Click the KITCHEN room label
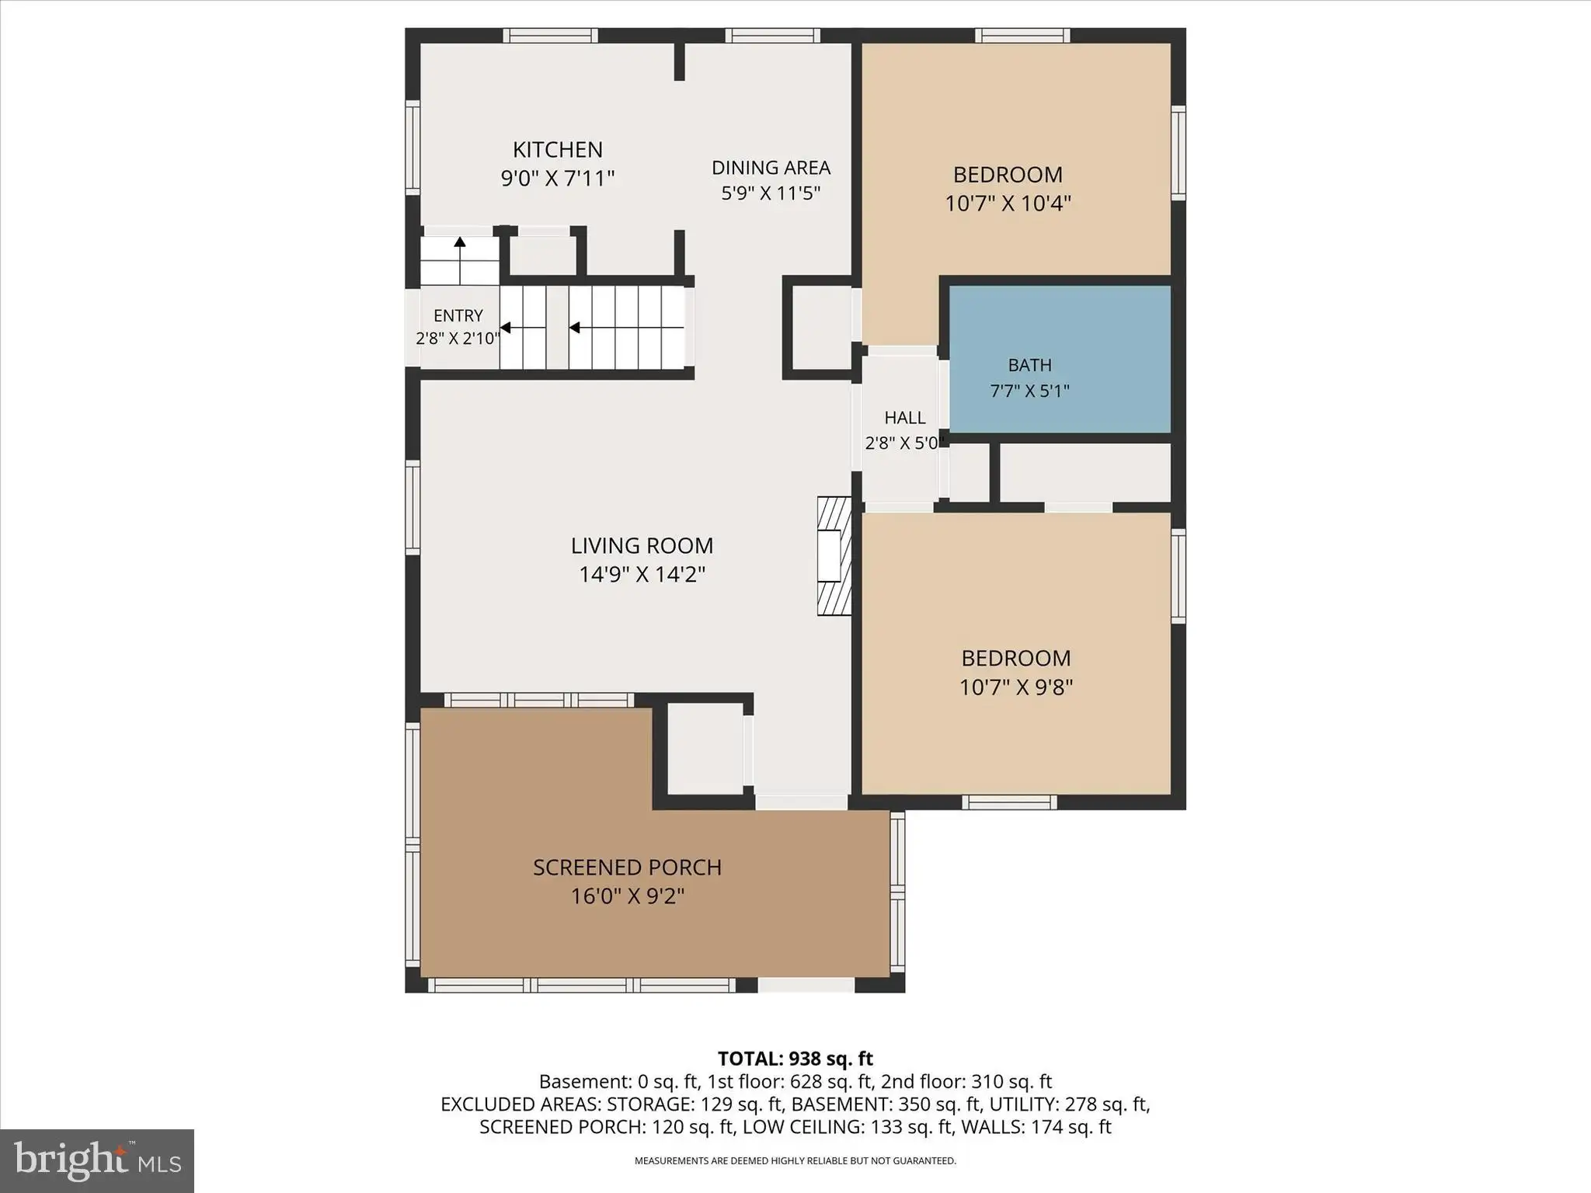tap(558, 149)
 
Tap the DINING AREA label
tap(771, 168)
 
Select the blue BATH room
tap(1060, 359)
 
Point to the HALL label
tap(905, 418)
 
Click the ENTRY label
tap(458, 315)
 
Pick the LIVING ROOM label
tap(642, 546)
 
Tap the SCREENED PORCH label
tap(628, 868)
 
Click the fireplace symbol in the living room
tap(834, 556)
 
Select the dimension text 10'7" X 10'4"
tap(1008, 203)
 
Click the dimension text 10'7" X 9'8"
tap(1016, 687)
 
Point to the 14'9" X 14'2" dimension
tap(642, 575)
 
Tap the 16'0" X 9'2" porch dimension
tap(628, 896)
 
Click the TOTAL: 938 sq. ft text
tap(795, 1059)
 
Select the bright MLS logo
tap(97, 1160)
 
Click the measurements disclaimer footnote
tap(795, 1161)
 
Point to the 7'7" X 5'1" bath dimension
tap(1030, 391)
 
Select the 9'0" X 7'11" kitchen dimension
tap(558, 179)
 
